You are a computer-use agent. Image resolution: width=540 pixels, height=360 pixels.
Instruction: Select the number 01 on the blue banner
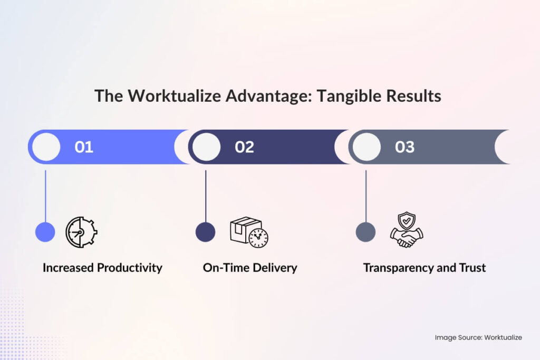[84, 147]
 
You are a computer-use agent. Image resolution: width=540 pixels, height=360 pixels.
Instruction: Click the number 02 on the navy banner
[244, 147]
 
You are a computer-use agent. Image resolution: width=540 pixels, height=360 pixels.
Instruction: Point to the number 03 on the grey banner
[404, 147]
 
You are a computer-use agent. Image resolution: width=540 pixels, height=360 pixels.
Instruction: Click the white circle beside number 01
[46, 147]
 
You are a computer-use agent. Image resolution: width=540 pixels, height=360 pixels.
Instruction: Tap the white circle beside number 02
[206, 147]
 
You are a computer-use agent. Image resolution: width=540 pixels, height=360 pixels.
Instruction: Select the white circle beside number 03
[367, 147]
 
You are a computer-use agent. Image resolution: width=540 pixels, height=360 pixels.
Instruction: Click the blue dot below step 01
[45, 232]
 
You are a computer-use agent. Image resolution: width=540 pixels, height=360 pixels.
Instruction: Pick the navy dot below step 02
[206, 232]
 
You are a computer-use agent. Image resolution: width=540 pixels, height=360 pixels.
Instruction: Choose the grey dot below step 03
[365, 232]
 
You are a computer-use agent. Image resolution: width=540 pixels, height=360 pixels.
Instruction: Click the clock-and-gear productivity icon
[81, 232]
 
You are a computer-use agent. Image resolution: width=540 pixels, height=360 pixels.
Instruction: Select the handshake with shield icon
[407, 230]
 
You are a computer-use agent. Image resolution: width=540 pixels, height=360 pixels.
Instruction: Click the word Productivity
[129, 268]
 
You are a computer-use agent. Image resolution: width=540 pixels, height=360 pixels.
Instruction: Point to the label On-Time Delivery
[250, 268]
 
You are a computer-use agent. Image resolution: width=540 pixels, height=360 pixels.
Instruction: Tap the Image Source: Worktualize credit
[478, 337]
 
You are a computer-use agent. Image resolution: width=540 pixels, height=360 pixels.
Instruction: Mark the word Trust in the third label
[472, 268]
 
